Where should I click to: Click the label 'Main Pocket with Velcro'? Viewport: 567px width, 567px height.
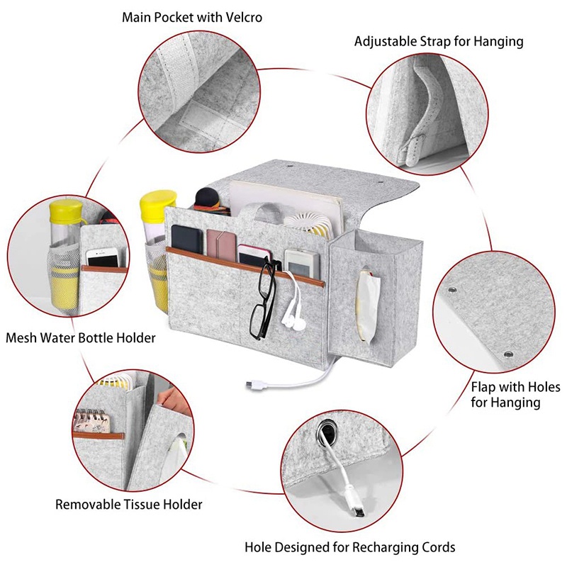tap(192, 17)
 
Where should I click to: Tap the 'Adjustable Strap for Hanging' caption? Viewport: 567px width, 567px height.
tap(439, 42)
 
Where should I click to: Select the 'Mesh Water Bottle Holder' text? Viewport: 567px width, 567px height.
tap(81, 338)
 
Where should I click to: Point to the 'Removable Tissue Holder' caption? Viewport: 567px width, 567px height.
tap(129, 504)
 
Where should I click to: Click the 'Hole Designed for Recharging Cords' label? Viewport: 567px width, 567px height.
tap(349, 547)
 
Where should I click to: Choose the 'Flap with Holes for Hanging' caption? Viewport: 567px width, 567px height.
tap(515, 395)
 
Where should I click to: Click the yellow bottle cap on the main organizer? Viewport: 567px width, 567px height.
tap(157, 204)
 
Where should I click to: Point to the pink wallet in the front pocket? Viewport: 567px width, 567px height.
tap(221, 245)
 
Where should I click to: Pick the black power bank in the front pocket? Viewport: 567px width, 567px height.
tap(186, 239)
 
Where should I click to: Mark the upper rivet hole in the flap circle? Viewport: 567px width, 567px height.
tap(452, 290)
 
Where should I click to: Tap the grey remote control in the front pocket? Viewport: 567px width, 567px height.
tap(302, 264)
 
